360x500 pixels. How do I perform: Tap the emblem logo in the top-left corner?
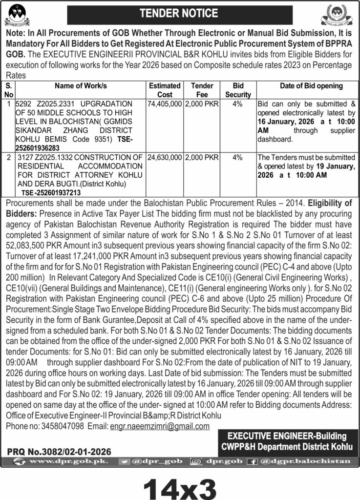[17, 15]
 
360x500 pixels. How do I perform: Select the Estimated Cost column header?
[165, 90]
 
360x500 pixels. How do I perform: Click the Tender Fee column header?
[202, 90]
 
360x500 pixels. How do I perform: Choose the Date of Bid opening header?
[311, 86]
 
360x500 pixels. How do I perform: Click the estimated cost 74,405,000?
[165, 104]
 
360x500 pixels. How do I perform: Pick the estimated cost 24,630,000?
[165, 158]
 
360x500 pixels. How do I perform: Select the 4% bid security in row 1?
[238, 104]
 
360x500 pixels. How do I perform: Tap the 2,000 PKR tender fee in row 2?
[202, 158]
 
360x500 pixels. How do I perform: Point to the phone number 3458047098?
[61, 426]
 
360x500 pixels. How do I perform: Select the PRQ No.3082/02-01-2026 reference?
[59, 452]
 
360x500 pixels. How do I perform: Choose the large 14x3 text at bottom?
[180, 484]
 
